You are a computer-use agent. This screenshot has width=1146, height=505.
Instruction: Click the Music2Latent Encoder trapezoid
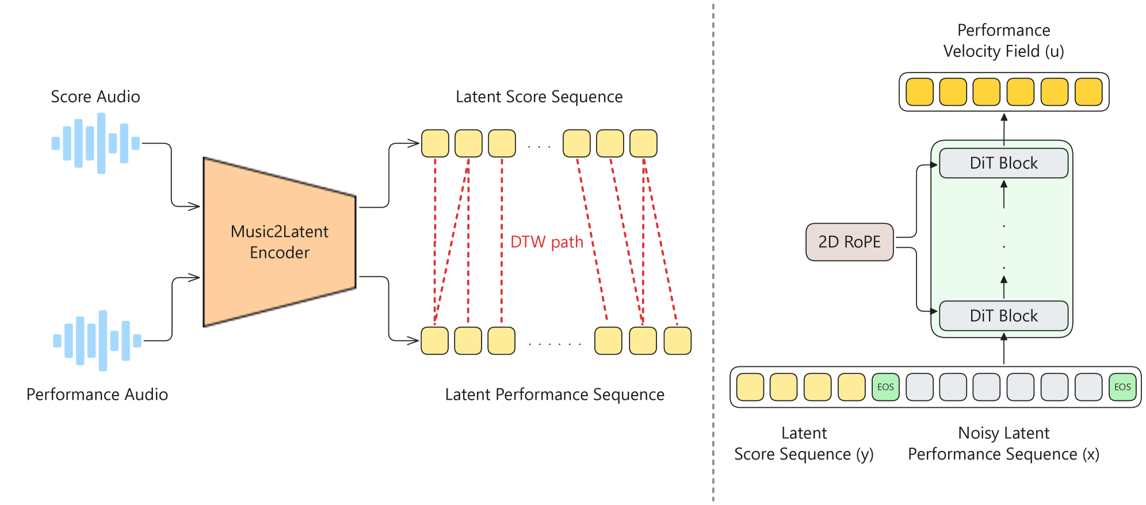pos(280,242)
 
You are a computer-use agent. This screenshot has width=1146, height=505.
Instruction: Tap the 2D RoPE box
pos(850,242)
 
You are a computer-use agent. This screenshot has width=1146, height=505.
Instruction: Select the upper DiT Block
pos(1004,163)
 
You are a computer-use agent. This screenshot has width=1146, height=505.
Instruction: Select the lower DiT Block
pos(1004,316)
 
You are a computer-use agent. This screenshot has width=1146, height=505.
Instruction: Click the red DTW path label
pos(547,242)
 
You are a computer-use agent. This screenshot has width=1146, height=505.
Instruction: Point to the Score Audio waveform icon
pos(96,143)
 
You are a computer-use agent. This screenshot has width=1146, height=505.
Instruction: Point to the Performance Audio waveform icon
pos(97,341)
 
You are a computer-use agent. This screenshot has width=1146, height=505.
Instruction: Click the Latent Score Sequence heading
pos(539,97)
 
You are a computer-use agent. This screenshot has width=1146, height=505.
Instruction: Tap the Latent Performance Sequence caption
pos(555,395)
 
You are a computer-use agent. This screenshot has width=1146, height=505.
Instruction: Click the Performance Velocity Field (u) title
pos(1004,41)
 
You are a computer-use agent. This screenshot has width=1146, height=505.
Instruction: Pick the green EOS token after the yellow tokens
pos(885,387)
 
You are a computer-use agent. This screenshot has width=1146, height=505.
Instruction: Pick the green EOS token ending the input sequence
pos(1122,387)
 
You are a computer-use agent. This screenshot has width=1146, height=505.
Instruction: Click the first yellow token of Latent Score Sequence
pos(435,143)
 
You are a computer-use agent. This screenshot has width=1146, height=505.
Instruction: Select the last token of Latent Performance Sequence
pos(678,341)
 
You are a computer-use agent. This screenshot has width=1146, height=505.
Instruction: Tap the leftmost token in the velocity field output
pos(920,92)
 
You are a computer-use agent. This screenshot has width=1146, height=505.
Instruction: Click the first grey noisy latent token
pos(919,387)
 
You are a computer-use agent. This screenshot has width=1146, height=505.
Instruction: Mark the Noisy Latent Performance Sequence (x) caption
pos(1004,443)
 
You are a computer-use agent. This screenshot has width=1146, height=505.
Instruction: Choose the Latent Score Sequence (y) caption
pos(804,443)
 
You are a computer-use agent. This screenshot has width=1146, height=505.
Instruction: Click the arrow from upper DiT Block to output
pos(1004,130)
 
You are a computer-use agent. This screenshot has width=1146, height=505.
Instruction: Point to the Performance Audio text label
pos(97,395)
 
